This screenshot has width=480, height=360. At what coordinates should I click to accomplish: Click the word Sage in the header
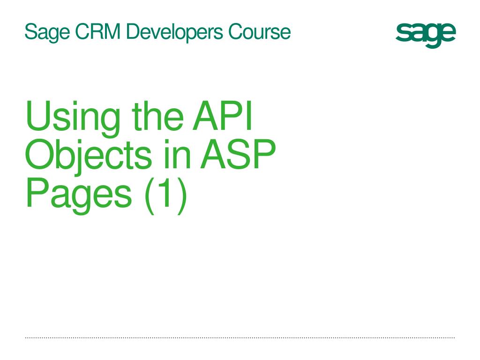tap(47, 32)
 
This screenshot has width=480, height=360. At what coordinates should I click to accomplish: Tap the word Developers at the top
tap(174, 32)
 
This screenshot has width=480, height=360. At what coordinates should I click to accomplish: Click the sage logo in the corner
tap(426, 35)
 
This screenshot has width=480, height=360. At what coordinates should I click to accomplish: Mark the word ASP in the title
tap(238, 154)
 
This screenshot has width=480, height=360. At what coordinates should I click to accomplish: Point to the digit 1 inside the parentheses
tap(165, 192)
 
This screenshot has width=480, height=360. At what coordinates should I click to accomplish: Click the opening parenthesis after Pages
tap(150, 196)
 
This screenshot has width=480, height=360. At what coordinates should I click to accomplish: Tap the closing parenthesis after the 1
tap(181, 196)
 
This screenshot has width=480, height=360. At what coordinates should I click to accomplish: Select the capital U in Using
tap(37, 116)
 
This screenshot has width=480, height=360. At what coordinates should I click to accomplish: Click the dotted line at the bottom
tap(240, 338)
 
